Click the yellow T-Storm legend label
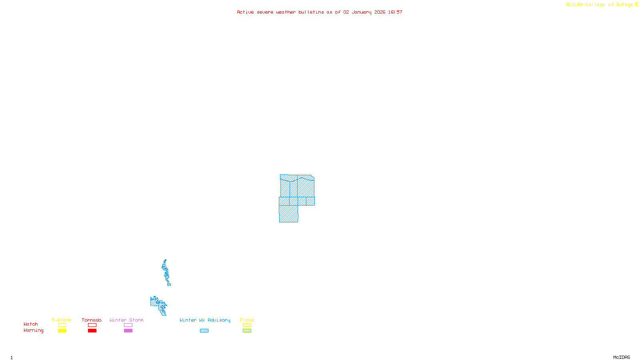click(x=62, y=320)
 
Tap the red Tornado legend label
click(x=92, y=320)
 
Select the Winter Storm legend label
click(x=126, y=320)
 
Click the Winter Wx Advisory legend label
click(x=205, y=320)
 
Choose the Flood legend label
click(x=247, y=320)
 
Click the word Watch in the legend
click(x=31, y=324)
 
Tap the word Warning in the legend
click(x=33, y=330)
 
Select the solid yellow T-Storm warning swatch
click(x=62, y=331)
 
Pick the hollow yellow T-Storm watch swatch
click(x=62, y=325)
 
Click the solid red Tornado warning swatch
click(x=92, y=331)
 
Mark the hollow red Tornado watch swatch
click(x=92, y=325)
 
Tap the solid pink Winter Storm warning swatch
click(x=128, y=331)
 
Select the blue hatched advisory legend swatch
click(x=204, y=331)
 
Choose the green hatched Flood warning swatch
click(x=247, y=331)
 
